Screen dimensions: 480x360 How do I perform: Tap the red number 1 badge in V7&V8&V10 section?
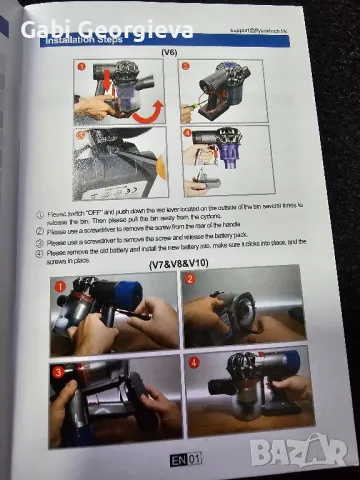point(60,286)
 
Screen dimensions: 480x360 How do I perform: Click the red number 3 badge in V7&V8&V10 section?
point(60,372)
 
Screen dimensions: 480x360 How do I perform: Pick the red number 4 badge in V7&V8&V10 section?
point(196,362)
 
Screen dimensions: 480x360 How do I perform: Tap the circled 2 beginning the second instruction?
point(39,230)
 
